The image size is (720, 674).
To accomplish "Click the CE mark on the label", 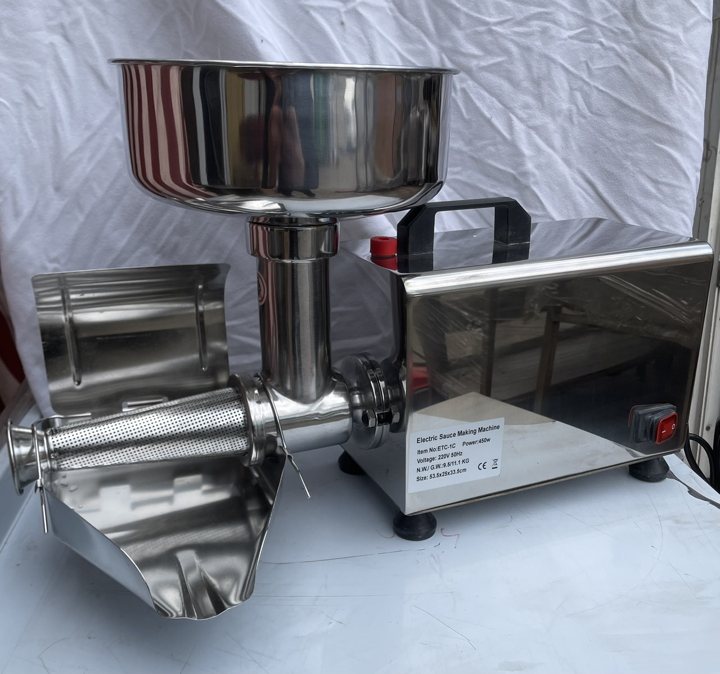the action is click(x=482, y=466).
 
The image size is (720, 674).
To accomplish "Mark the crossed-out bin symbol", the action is click(x=494, y=464).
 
